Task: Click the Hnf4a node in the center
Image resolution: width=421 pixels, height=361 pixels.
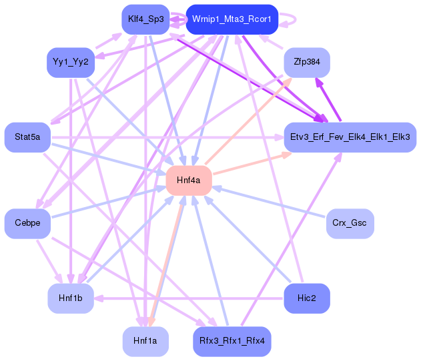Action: click(x=188, y=180)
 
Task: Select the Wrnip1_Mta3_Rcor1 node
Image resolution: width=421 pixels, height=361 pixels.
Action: click(x=231, y=19)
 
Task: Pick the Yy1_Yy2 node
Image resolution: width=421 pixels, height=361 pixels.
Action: click(x=70, y=63)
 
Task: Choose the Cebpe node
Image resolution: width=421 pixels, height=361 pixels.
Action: click(x=27, y=224)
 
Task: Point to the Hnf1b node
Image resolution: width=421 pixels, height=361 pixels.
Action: click(x=70, y=298)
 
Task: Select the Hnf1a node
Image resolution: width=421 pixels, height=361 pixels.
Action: click(x=145, y=341)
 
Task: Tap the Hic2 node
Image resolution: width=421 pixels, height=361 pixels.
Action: click(x=307, y=298)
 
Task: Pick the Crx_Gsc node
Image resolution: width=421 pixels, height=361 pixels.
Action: click(x=350, y=224)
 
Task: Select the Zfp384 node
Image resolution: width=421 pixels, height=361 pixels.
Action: click(x=306, y=63)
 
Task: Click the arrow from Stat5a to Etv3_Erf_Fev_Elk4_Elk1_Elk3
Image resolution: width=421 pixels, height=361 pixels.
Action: click(x=167, y=138)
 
